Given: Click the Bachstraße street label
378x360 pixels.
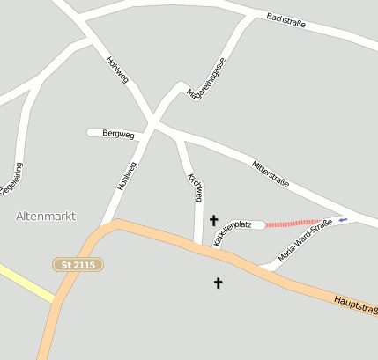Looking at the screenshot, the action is (285, 20).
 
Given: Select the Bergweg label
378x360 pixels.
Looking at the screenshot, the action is (118, 133).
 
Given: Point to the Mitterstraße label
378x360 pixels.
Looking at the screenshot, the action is (271, 172).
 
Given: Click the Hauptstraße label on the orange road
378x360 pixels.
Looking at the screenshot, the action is (356, 306).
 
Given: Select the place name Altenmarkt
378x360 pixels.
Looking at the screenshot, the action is (46, 216).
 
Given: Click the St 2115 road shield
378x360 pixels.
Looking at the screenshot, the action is (78, 264).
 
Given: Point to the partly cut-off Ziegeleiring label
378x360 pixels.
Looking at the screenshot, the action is (11, 180).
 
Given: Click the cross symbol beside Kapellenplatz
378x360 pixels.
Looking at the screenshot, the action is (214, 219).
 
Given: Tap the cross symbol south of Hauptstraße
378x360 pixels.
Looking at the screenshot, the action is (219, 283).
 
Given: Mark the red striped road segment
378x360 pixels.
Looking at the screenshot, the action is (294, 224).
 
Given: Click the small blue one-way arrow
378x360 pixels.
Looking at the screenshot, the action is (343, 219).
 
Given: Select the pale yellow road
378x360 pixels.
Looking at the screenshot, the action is (26, 283).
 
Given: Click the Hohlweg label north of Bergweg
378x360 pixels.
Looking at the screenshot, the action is (117, 70).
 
